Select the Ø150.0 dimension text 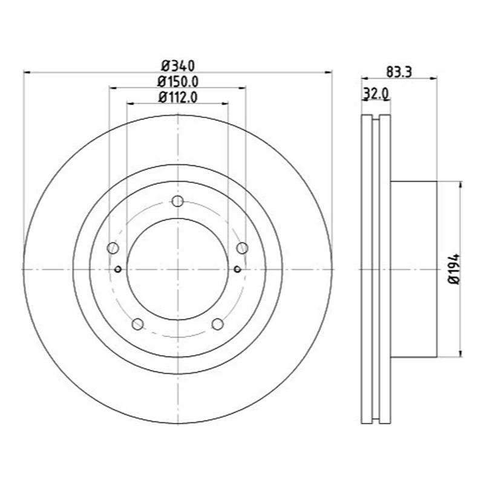tap(178, 81)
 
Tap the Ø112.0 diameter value tap(178, 97)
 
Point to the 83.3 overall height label tap(399, 71)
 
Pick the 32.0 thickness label tap(375, 94)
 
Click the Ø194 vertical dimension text tap(455, 269)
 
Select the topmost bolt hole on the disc tap(177, 201)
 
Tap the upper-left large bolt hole tap(113, 248)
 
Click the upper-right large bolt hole tap(242, 247)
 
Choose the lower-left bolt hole tap(137, 324)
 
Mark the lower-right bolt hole tap(217, 324)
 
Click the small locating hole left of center tap(118, 269)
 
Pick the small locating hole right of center tap(237, 269)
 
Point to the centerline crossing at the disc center tap(177, 269)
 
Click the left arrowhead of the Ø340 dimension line tap(26, 72)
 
